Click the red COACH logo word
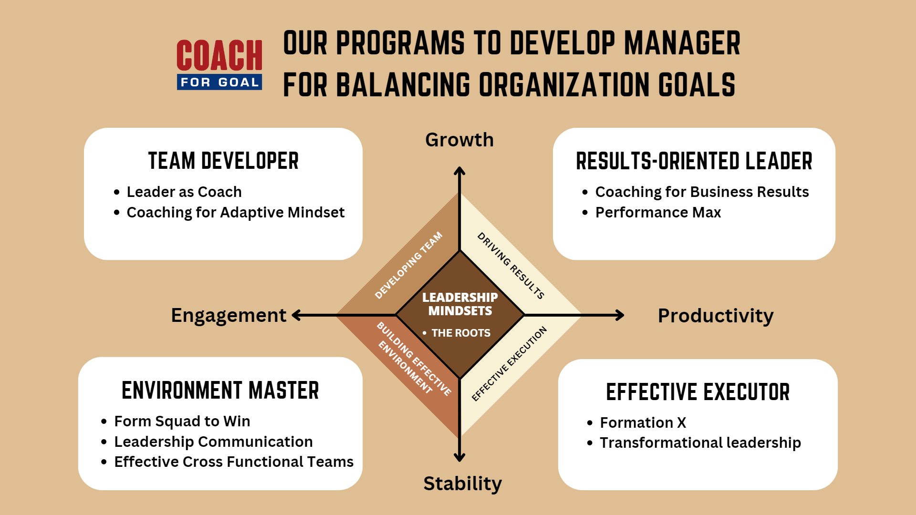pos(219,55)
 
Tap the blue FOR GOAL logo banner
pos(219,82)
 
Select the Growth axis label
pos(459,140)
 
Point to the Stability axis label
pos(462,484)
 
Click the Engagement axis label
pos(229,316)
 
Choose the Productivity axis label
pos(716,316)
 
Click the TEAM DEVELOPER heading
pos(223,161)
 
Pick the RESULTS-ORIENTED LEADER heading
pos(694,161)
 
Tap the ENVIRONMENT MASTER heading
pos(220,391)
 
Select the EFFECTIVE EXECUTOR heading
pos(698,392)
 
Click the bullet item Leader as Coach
pos(184,192)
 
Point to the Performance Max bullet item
pos(658,212)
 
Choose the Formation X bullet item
pos(643,422)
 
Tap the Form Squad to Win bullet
pos(182,421)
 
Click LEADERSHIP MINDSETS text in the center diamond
pos(460,304)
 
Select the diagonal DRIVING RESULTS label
pos(511,266)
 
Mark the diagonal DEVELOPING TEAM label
pos(409,266)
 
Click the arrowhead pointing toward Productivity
pos(620,315)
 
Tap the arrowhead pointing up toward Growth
pos(459,171)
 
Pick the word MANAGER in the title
pos(682,43)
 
